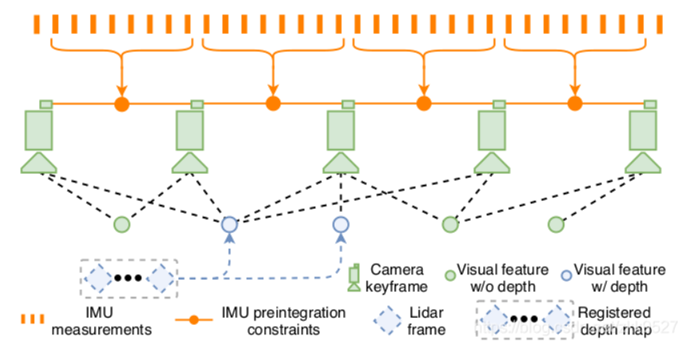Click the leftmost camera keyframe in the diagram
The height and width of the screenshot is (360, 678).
click(38, 137)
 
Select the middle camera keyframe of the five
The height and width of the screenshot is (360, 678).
click(340, 137)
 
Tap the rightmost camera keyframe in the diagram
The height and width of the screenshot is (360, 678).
click(643, 137)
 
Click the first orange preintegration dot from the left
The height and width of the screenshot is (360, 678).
click(121, 104)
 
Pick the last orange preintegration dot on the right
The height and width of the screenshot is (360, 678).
click(574, 104)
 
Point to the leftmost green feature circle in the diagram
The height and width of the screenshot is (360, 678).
click(121, 224)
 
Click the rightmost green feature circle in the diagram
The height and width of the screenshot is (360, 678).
click(556, 224)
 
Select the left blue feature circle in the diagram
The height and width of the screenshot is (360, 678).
click(230, 224)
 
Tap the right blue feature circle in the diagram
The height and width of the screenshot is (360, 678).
click(340, 224)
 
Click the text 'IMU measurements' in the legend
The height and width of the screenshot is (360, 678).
click(101, 319)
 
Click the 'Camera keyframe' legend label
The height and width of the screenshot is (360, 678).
click(396, 278)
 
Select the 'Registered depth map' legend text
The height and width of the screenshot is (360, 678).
click(614, 319)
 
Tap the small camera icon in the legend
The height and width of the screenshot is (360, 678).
click(353, 278)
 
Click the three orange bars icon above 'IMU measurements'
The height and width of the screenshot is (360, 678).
click(33, 319)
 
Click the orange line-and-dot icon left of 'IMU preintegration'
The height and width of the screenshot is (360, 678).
click(192, 319)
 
